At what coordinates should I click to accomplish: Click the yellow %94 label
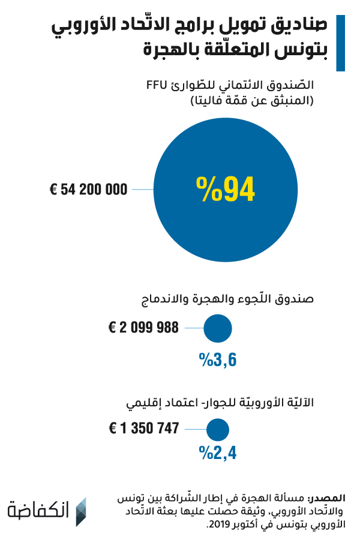coord(226,189)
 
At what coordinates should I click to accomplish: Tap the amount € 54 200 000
coord(88,190)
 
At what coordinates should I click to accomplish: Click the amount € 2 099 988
coord(143,328)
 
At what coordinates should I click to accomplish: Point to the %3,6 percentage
coord(218,359)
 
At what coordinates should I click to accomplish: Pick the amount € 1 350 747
coord(144,428)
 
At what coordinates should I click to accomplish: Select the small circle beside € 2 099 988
coord(218,328)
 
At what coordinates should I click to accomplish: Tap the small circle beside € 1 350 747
coord(218,429)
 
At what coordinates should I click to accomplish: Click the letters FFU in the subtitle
coord(158,85)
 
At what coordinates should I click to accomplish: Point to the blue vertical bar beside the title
coord(340,43)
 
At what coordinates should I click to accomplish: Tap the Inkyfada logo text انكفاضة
coord(39,511)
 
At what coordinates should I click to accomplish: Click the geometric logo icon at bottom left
coord(80,511)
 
